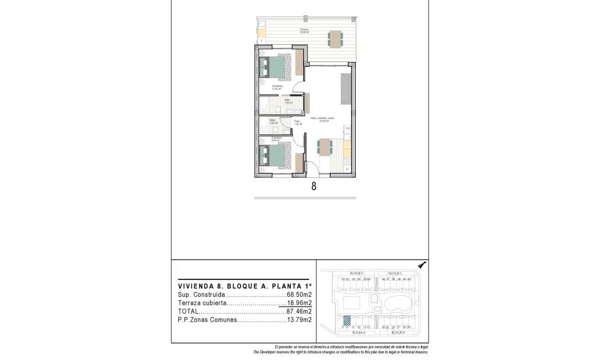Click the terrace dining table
[x=335, y=38]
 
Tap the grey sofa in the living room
[x=345, y=89]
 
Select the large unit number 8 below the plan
[x=314, y=186]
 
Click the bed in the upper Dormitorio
[x=276, y=67]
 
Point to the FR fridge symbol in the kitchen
[x=348, y=129]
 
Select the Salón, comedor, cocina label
[x=322, y=118]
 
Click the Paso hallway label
[x=297, y=122]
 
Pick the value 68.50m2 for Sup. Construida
[x=299, y=294]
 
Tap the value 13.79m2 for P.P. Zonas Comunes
[x=299, y=320]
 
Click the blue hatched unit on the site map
[x=347, y=320]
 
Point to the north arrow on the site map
[x=423, y=265]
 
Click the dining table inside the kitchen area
[x=323, y=146]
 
